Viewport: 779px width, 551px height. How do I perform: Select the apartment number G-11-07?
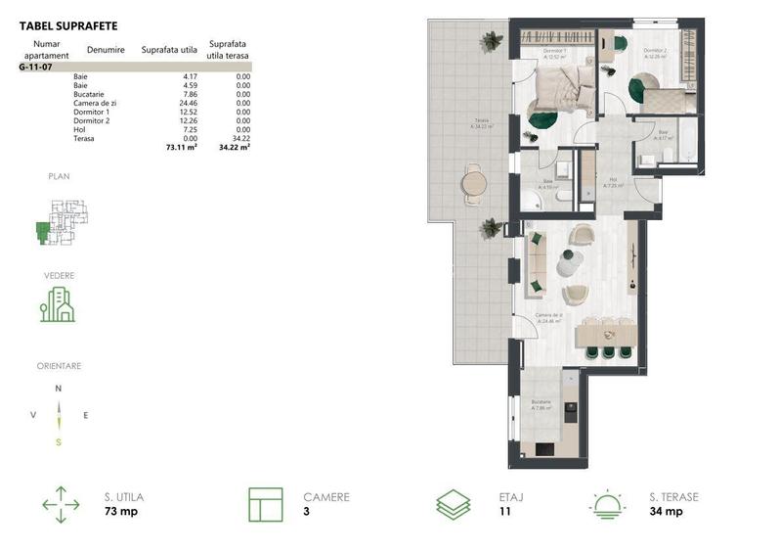pyautogui.click(x=36, y=68)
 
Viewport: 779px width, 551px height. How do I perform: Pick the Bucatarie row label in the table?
pyautogui.click(x=89, y=94)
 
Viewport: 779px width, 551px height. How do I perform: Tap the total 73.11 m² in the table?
pyautogui.click(x=182, y=147)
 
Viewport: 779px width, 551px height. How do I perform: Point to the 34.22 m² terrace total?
pyautogui.click(x=236, y=147)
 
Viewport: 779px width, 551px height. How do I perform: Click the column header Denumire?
pyautogui.click(x=105, y=49)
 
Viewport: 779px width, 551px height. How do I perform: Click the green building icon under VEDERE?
pyautogui.click(x=57, y=305)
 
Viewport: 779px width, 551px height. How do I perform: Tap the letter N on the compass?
pyautogui.click(x=59, y=389)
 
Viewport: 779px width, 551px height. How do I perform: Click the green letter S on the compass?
pyautogui.click(x=59, y=441)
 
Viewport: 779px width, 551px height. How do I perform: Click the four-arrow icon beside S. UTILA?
pyautogui.click(x=61, y=504)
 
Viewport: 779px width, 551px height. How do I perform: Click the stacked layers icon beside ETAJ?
pyautogui.click(x=453, y=504)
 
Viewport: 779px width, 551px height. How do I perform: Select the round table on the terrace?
pyautogui.click(x=473, y=182)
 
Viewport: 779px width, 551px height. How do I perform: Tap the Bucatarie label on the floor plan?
pyautogui.click(x=541, y=404)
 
